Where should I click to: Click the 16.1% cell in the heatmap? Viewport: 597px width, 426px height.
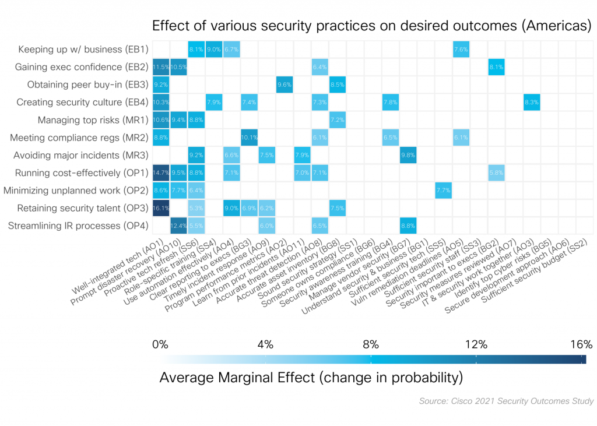click(x=161, y=208)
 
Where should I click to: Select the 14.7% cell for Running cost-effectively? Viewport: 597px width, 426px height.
click(x=161, y=173)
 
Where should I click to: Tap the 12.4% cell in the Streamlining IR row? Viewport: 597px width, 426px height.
click(x=178, y=226)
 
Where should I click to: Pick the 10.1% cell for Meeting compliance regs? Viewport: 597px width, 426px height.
click(x=249, y=138)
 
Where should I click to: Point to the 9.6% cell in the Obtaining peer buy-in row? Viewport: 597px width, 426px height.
click(x=285, y=85)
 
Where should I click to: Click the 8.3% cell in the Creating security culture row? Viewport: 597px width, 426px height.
click(x=532, y=103)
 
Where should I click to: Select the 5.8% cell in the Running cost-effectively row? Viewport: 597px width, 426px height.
click(x=496, y=173)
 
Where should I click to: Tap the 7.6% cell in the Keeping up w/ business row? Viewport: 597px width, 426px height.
click(x=461, y=50)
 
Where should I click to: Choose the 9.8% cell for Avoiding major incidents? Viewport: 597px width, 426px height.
click(x=408, y=156)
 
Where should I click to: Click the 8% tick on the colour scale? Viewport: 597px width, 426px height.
click(x=371, y=344)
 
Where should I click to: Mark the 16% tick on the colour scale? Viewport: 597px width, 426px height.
click(x=581, y=344)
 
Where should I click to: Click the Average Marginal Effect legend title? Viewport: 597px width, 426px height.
click(x=311, y=378)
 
